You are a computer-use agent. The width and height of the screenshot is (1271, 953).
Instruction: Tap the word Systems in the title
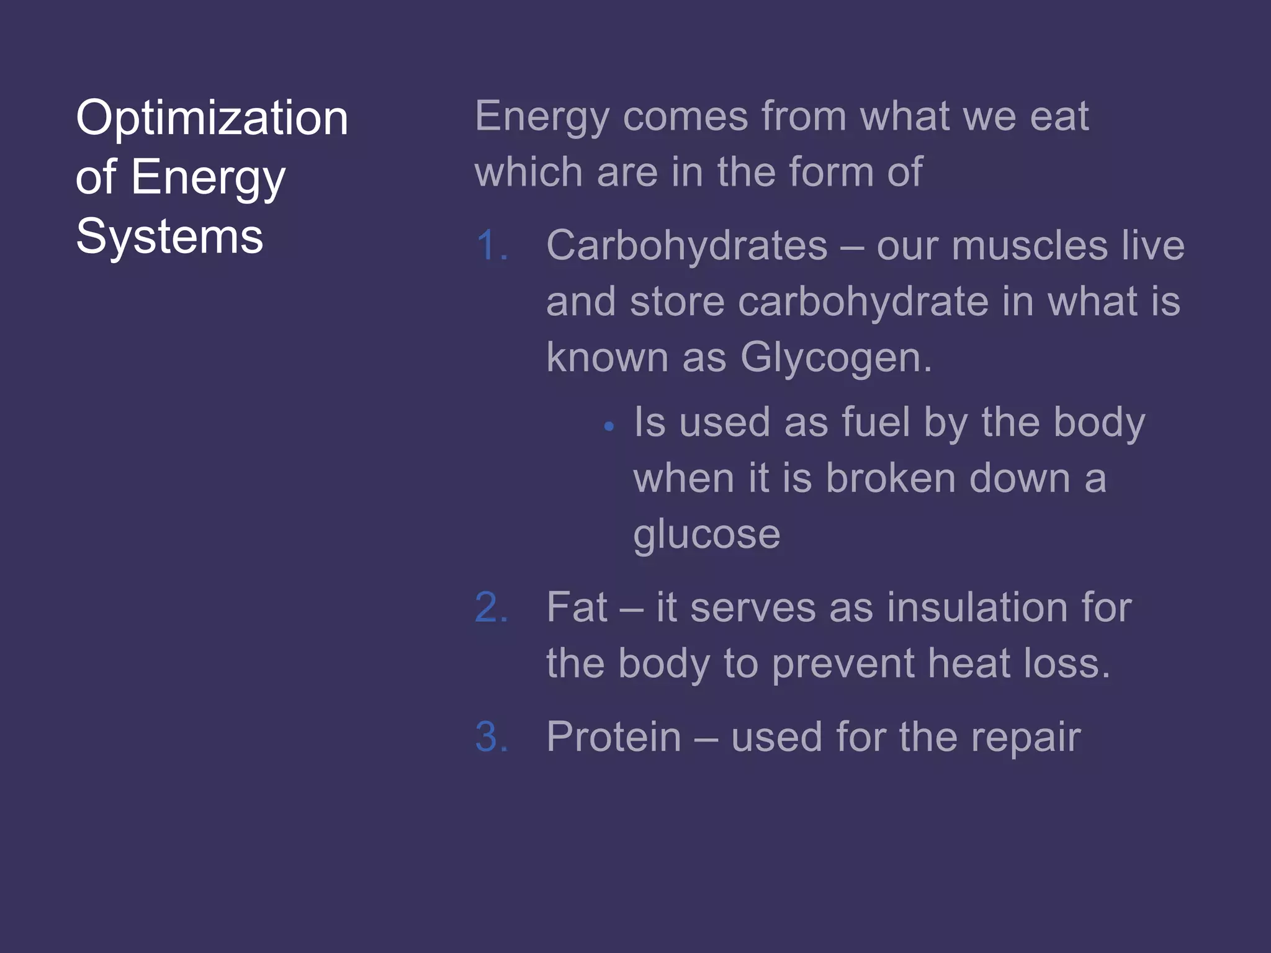[x=169, y=236]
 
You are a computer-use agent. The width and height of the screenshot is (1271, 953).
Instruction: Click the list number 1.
[x=492, y=246]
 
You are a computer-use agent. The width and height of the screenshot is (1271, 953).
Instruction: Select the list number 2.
[x=492, y=607]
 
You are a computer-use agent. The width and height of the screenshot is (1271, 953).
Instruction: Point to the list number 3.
[x=492, y=737]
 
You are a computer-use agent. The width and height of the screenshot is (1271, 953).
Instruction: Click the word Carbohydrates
[x=686, y=246]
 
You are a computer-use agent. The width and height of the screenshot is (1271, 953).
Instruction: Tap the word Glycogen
[x=835, y=358]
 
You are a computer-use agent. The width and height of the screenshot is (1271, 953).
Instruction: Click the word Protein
[x=614, y=737]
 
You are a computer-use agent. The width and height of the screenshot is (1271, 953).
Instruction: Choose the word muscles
[x=1029, y=246]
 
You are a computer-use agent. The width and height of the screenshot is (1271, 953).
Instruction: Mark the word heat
[x=969, y=663]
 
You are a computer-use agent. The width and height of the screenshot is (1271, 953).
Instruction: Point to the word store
[x=677, y=302]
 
